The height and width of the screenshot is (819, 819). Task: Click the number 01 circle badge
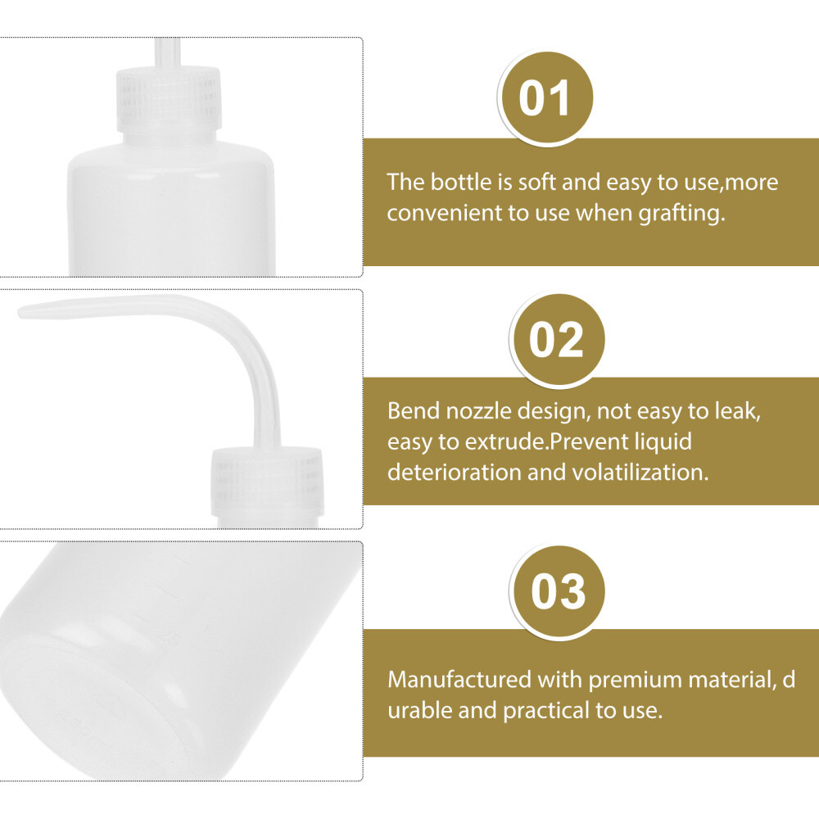[x=546, y=100]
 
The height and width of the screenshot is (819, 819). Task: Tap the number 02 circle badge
[x=557, y=339]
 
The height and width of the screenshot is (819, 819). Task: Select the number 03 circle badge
[x=559, y=590]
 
